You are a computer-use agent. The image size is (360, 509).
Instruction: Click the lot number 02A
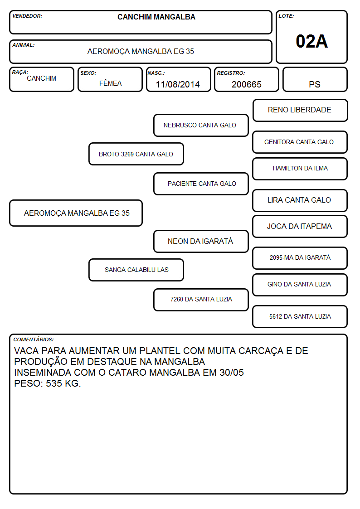[x=311, y=41]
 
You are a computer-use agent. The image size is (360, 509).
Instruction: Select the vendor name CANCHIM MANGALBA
[x=156, y=17]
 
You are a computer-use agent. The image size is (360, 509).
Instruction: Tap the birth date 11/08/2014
[x=178, y=84]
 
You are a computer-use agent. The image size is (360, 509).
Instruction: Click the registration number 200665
[x=246, y=84]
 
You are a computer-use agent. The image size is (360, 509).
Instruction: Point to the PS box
[x=315, y=79]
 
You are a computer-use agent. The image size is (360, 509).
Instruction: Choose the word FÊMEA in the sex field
[x=110, y=83]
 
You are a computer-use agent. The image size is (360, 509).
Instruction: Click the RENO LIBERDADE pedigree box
[x=300, y=111]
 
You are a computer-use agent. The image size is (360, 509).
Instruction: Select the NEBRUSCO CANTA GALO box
[x=201, y=125]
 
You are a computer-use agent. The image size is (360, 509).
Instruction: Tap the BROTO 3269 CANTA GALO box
[x=136, y=154]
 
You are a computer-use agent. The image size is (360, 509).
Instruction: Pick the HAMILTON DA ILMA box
[x=300, y=169]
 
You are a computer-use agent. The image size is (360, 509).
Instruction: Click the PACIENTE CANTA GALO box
[x=201, y=184]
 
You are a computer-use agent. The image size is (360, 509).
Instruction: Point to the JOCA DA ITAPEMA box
[x=300, y=227]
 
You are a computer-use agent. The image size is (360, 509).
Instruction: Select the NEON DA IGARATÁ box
[x=201, y=241]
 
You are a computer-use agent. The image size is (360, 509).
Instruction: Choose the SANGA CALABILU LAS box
[x=136, y=270]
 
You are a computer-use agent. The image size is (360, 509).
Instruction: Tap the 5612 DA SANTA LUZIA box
[x=300, y=316]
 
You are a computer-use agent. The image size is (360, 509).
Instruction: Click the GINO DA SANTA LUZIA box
[x=300, y=285]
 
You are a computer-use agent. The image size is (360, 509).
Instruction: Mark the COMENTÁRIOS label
[x=34, y=339]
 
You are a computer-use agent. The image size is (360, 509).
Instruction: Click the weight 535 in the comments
[x=54, y=383]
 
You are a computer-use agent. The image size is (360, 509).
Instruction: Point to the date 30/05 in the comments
[x=231, y=372]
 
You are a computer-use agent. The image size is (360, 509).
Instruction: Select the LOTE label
[x=286, y=16]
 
